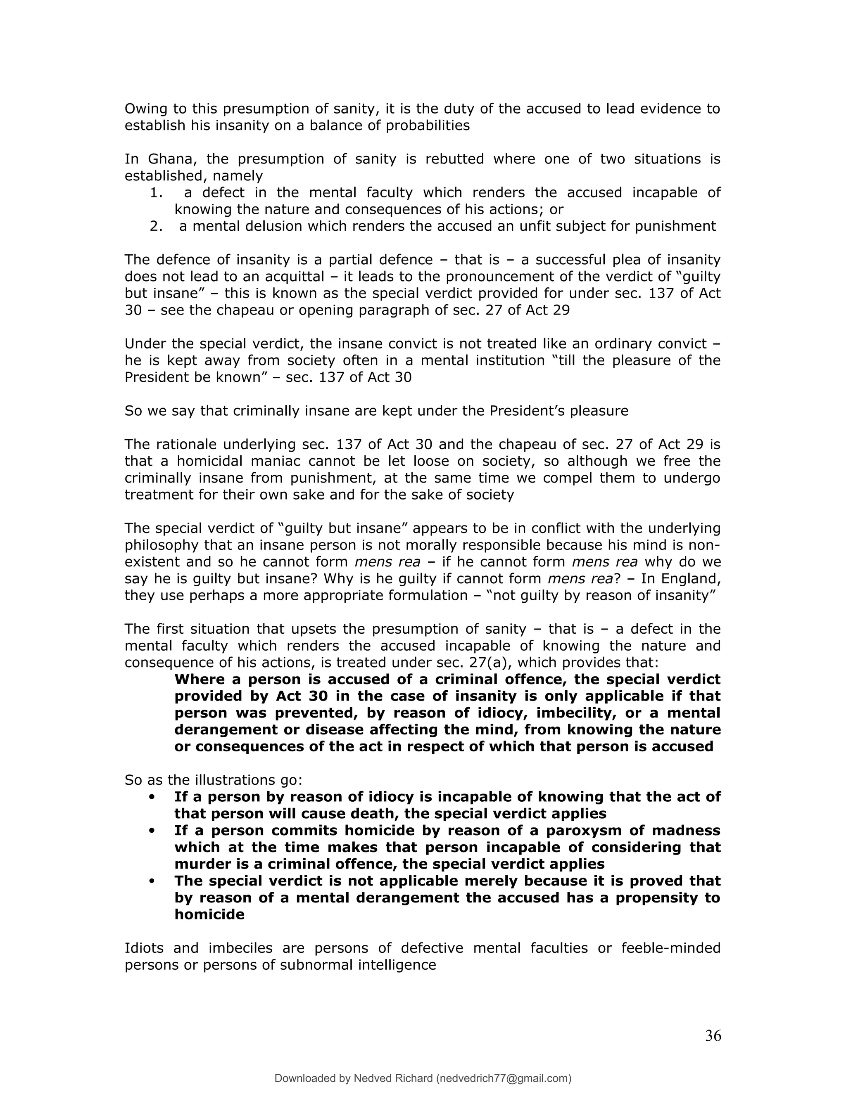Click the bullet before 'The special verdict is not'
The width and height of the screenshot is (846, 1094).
point(151,881)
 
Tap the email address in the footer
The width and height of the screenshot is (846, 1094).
point(504,1078)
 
